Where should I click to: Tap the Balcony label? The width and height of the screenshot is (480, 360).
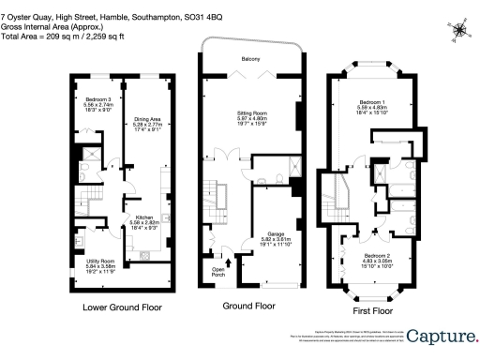point(249,59)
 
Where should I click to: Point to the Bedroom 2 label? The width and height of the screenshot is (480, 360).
point(375,255)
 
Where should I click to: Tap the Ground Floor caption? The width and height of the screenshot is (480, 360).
point(248,306)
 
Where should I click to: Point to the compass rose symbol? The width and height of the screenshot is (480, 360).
point(458,29)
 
